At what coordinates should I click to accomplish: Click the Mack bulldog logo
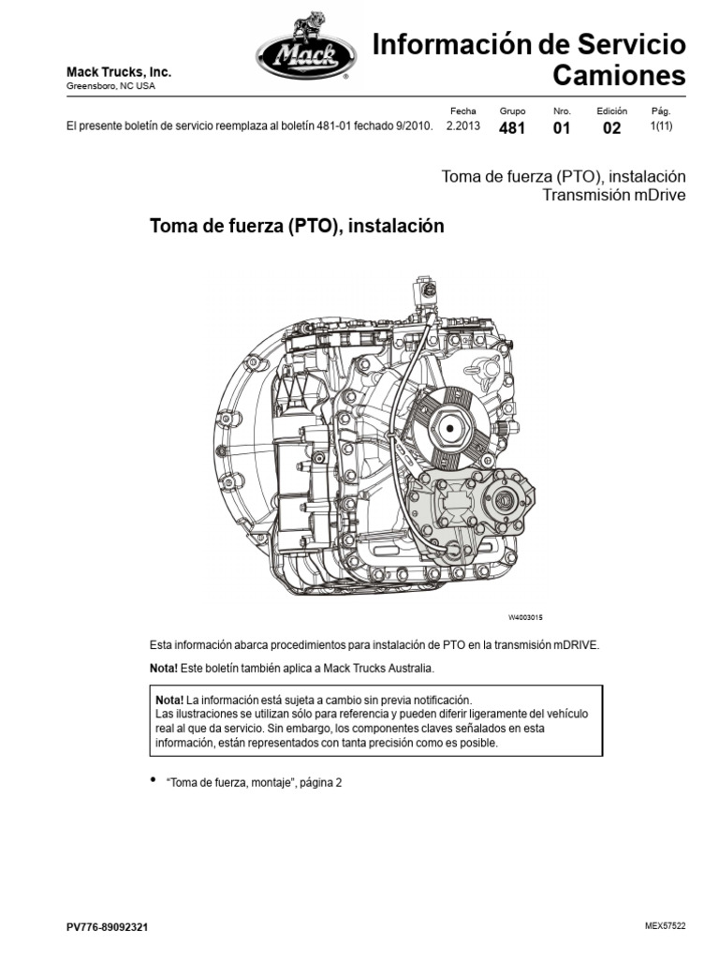303,57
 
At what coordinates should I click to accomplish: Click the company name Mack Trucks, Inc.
118,72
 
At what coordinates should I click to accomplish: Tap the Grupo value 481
512,129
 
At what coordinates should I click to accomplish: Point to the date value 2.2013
463,127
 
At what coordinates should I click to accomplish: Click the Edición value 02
611,129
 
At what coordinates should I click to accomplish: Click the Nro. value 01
562,129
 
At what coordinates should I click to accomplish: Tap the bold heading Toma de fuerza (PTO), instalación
297,227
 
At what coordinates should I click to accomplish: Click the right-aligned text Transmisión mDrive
615,195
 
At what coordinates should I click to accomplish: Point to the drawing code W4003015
526,618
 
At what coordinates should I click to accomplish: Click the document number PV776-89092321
107,927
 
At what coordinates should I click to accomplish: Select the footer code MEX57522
666,926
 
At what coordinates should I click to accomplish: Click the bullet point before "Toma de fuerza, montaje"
154,780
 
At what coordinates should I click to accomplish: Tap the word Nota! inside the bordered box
169,701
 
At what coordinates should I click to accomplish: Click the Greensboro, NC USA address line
110,86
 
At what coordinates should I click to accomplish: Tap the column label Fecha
462,111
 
